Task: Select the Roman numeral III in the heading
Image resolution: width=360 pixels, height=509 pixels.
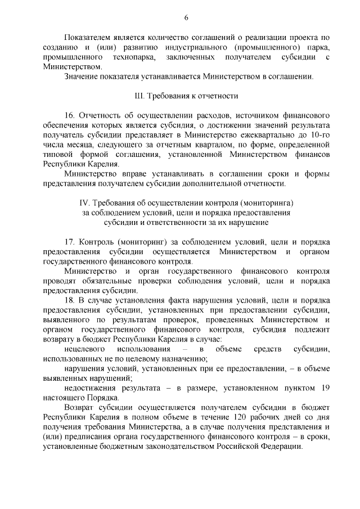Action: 141,96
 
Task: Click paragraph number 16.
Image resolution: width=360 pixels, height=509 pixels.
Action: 70,115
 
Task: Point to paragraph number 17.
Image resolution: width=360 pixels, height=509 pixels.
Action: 70,242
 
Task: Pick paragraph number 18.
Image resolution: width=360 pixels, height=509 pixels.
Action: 70,300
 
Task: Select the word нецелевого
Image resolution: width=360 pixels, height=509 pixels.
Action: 84,349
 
